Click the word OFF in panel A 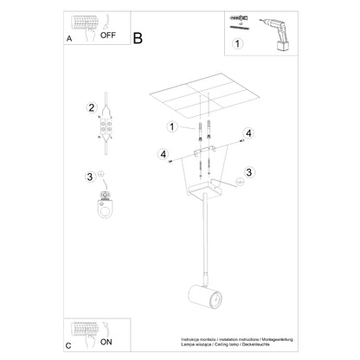(x=109, y=37)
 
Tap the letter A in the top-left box (x=69, y=39)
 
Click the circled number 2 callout (x=90, y=108)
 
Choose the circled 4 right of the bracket (x=248, y=132)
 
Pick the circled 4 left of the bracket (x=161, y=154)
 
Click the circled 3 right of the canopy (x=249, y=172)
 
